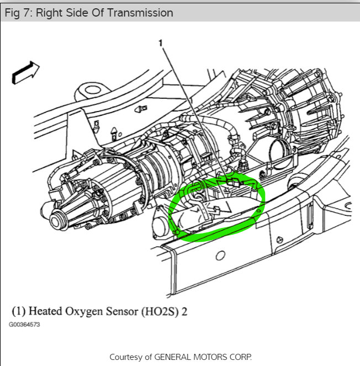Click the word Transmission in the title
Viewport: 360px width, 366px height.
pos(140,12)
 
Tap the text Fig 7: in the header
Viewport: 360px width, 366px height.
pos(19,12)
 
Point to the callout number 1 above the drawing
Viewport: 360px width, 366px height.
pos(162,43)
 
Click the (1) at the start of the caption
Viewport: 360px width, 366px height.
pos(19,311)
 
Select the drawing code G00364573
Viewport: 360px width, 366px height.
pos(24,325)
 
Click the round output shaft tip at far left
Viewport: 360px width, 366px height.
pos(56,221)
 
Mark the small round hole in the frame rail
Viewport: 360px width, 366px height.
pos(220,256)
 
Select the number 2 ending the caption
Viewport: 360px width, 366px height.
pos(184,311)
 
